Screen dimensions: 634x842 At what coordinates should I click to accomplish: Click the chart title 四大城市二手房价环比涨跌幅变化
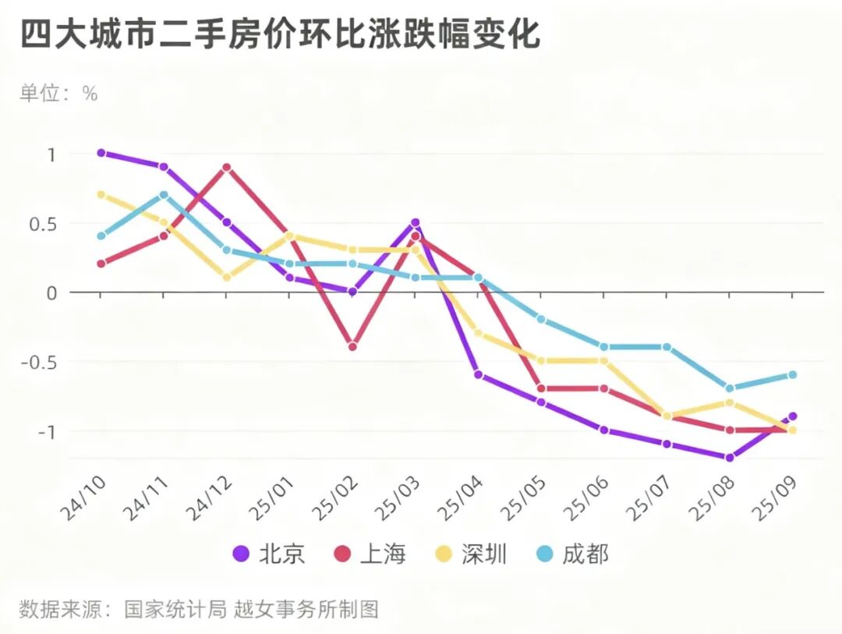tap(280, 36)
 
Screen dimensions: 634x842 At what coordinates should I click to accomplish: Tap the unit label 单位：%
tap(58, 94)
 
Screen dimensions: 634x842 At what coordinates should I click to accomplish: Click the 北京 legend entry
tap(269, 554)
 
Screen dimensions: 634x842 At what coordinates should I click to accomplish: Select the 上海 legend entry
tap(370, 554)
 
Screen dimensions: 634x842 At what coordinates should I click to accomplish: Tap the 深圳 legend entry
tap(472, 554)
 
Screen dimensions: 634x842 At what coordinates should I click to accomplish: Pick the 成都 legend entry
tap(573, 554)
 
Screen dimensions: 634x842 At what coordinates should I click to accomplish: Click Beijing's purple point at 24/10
tap(101, 153)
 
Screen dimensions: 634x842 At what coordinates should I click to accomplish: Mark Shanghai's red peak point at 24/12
tap(227, 167)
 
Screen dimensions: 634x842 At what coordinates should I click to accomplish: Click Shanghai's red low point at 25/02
tap(352, 346)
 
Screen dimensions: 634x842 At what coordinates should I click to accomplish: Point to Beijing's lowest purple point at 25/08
tap(730, 458)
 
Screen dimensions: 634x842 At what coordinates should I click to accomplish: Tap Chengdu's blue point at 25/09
tap(793, 375)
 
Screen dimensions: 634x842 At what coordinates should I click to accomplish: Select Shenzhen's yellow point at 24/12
tap(227, 278)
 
